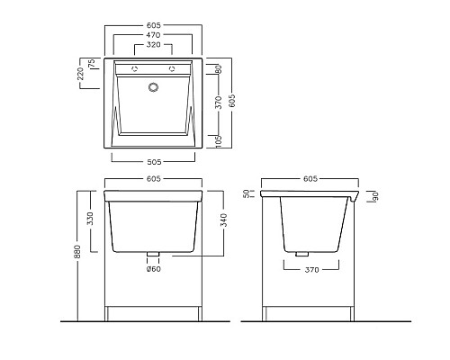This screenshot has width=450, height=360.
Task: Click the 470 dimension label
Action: (153, 35)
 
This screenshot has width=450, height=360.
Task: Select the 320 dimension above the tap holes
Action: (153, 45)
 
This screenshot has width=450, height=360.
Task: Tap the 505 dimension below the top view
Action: (154, 162)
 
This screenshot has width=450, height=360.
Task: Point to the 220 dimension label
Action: (80, 74)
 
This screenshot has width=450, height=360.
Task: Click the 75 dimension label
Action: (92, 63)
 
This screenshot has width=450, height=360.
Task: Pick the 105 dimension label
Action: (219, 141)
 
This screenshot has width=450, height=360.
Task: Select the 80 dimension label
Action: (219, 69)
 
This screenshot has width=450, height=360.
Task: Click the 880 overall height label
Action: (77, 252)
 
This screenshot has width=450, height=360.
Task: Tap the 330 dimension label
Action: (90, 219)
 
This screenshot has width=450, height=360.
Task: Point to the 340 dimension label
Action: (224, 220)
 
